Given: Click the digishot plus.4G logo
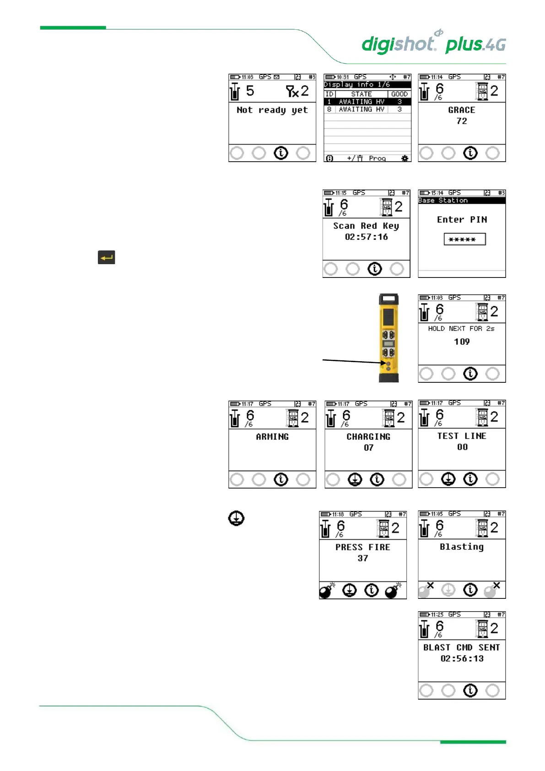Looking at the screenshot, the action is point(433,44).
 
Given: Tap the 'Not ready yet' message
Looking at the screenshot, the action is point(272,110).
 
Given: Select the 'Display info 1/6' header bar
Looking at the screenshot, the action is point(367,85).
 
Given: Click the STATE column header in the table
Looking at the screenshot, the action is point(361,94).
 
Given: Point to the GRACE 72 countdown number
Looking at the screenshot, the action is point(462,121).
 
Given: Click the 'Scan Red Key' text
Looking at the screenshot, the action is point(366,226).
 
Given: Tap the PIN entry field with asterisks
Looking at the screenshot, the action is point(464,239).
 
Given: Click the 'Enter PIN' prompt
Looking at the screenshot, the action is point(462,220).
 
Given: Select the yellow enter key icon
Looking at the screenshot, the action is point(106,257).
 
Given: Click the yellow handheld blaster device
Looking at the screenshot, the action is point(389,338).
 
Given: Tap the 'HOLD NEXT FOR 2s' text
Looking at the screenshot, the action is point(461,329).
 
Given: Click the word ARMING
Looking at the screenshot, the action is point(272,437).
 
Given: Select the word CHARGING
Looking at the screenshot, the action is point(368,437).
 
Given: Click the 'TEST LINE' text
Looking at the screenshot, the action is point(462,436).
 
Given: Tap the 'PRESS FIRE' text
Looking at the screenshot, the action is point(362,547).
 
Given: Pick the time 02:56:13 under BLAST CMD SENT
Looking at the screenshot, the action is point(462,658).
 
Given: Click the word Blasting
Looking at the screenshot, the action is point(462,547).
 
